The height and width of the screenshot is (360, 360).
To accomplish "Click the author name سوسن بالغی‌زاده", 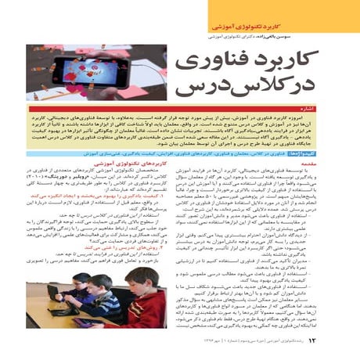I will tap(313, 36).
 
